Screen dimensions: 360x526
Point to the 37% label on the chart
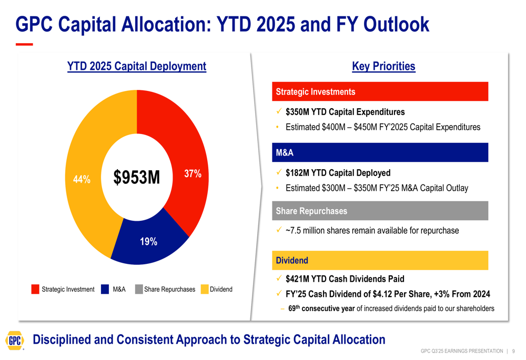pyautogui.click(x=193, y=174)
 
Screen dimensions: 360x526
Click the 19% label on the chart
pyautogui.click(x=148, y=242)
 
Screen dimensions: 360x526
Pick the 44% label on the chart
pyautogui.click(x=82, y=179)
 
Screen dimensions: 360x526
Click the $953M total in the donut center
pyautogui.click(x=137, y=178)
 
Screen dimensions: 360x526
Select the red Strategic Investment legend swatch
pyautogui.click(x=35, y=289)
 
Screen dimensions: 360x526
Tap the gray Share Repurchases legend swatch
pyautogui.click(x=139, y=289)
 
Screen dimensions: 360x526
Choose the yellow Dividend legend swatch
pyautogui.click(x=205, y=289)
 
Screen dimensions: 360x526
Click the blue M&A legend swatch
pyautogui.click(x=105, y=289)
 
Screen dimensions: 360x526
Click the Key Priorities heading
pyautogui.click(x=383, y=66)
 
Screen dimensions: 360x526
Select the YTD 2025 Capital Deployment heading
pyautogui.click(x=137, y=66)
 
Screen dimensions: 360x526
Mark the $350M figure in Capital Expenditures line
pyautogui.click(x=297, y=112)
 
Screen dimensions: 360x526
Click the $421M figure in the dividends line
pyautogui.click(x=297, y=279)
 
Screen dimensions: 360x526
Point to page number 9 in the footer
pyautogui.click(x=513, y=351)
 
